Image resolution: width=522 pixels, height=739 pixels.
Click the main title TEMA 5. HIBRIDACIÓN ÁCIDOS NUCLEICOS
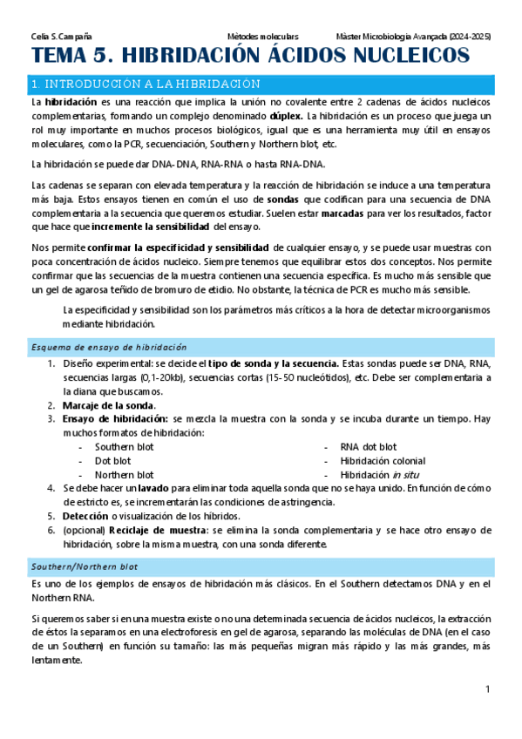point(249,58)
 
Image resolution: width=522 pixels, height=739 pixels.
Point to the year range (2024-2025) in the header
point(466,37)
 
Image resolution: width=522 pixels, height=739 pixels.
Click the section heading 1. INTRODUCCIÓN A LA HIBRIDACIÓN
point(146,85)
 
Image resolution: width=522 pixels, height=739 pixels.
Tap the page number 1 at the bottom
point(488,690)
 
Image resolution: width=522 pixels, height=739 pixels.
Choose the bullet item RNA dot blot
point(368,447)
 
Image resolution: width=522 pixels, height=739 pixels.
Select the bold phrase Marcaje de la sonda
point(109,405)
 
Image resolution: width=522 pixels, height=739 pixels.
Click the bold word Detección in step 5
point(85,517)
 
